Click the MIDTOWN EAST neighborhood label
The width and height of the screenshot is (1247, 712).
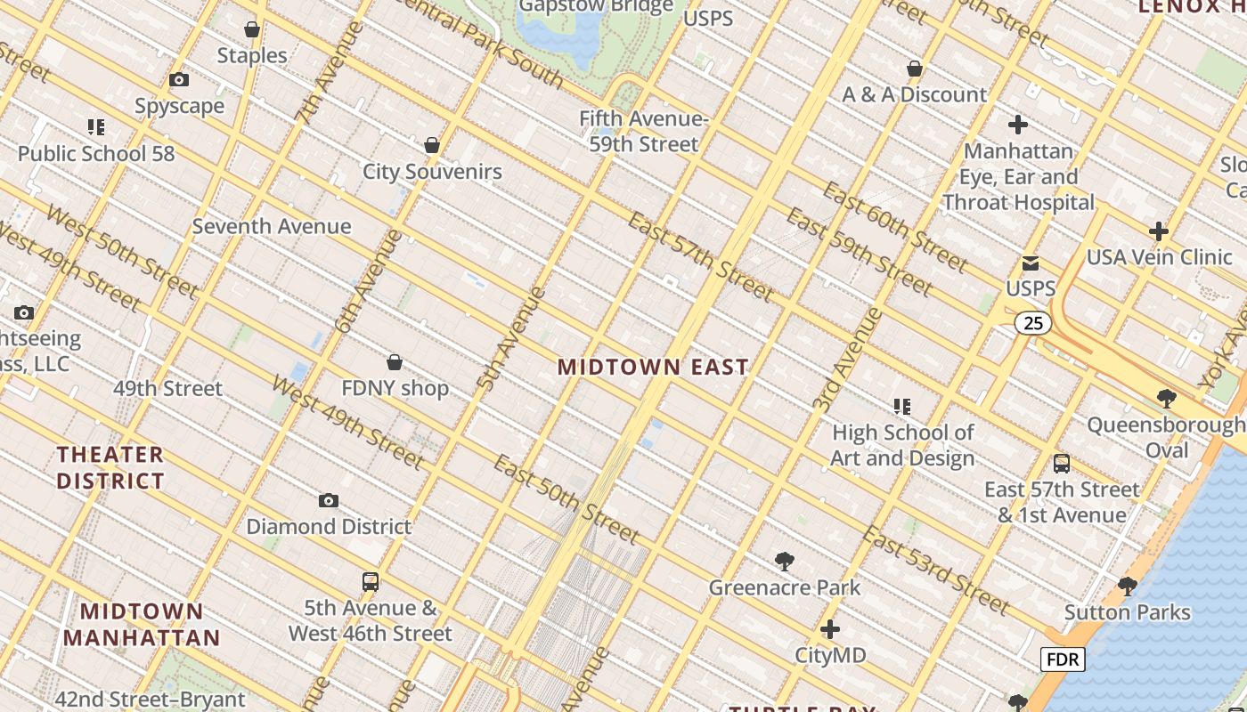[x=653, y=367]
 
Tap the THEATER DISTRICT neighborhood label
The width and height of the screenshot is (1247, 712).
[x=110, y=467]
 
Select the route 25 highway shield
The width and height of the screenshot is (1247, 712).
[x=1033, y=323]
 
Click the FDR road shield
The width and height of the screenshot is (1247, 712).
[x=1063, y=659]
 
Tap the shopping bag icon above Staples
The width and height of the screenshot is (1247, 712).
[x=252, y=30]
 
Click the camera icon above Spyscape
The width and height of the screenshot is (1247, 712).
[x=179, y=80]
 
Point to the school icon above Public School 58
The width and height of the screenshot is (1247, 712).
[x=96, y=127]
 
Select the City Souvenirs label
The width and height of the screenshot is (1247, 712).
[x=432, y=172]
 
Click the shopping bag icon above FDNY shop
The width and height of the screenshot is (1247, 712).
[x=395, y=362]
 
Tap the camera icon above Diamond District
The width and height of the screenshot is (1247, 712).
[x=329, y=501]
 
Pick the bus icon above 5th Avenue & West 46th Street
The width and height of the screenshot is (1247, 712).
[x=371, y=582]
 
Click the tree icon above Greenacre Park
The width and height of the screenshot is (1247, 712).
[x=785, y=562]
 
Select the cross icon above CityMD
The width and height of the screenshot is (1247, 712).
[x=830, y=630]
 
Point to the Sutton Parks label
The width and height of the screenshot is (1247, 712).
[x=1128, y=612]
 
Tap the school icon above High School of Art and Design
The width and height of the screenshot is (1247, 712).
[x=902, y=407]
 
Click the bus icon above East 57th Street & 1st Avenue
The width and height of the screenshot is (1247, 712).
[x=1062, y=464]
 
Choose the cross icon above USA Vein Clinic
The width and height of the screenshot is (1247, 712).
[x=1159, y=232]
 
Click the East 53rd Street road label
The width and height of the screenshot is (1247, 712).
[x=936, y=570]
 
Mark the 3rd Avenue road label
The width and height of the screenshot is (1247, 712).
[x=847, y=360]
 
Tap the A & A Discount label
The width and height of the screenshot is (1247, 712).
[x=915, y=94]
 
